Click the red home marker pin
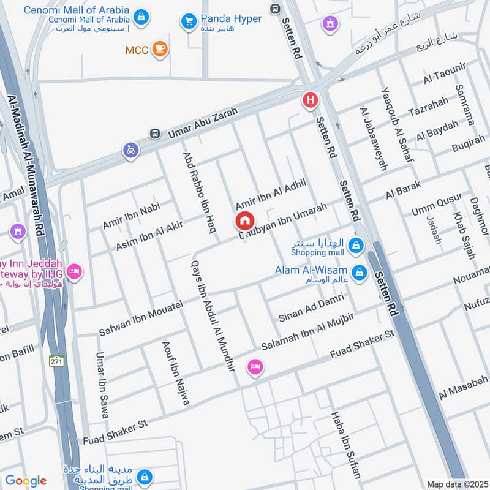tap(244, 221)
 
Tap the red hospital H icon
tap(311, 100)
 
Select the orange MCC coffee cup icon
tap(160, 48)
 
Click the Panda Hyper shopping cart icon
tap(189, 21)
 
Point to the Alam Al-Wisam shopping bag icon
tap(360, 272)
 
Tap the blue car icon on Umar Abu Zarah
tap(130, 150)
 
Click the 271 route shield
tap(57, 361)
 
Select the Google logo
tap(26, 481)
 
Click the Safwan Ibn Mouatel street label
tap(141, 318)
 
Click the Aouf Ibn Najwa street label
tap(175, 373)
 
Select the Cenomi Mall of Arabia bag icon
tap(141, 16)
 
